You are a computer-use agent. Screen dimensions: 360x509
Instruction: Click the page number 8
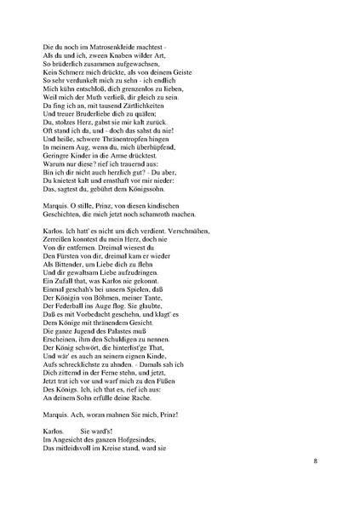(x=315, y=462)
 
